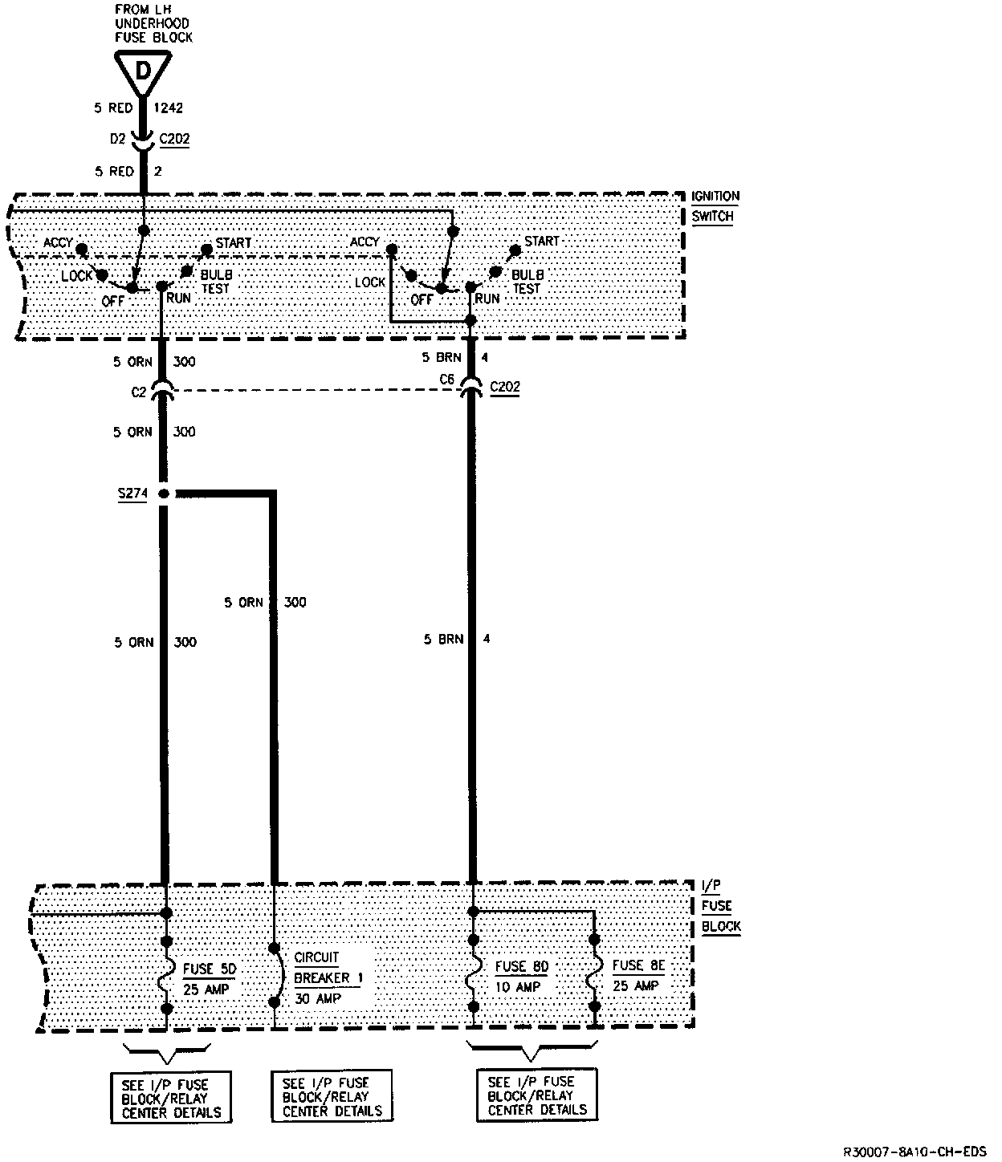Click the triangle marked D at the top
click(142, 70)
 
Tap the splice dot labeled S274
click(164, 494)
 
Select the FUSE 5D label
click(210, 969)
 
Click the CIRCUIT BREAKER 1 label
click(328, 967)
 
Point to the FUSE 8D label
click(521, 966)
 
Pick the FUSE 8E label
click(639, 965)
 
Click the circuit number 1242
click(169, 108)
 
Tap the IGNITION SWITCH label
click(715, 206)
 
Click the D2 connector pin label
click(119, 139)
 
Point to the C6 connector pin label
click(447, 378)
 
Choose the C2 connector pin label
click(140, 392)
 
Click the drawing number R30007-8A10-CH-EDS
click(914, 1151)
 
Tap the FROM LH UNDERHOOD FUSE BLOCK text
click(153, 24)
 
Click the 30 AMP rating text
click(317, 999)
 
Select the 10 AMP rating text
click(517, 987)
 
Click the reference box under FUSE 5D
click(171, 1096)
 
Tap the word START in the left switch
click(233, 242)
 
